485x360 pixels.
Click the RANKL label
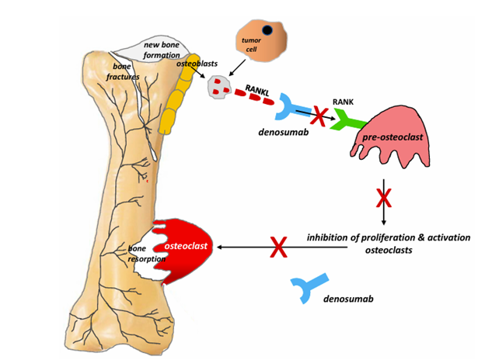257,91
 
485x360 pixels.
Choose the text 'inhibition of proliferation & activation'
388,236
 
